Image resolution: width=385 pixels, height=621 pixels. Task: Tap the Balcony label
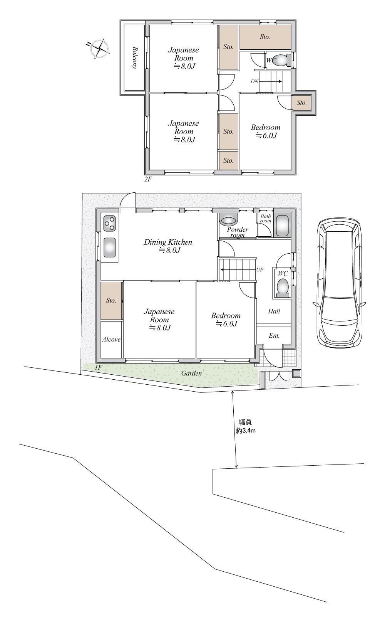click(135, 57)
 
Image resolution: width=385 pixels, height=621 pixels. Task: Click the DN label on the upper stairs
click(254, 81)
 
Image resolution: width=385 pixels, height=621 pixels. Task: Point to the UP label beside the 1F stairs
click(259, 269)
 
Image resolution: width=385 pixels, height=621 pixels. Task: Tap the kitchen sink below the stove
click(110, 247)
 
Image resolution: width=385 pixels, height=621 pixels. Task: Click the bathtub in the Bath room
click(282, 226)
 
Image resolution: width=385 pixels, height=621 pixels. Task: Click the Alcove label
click(111, 339)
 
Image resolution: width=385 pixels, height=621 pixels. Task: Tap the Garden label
click(191, 373)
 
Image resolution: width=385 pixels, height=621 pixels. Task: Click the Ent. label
click(274, 335)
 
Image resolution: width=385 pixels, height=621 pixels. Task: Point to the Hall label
click(274, 311)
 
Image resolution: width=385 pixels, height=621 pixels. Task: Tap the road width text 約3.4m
click(245, 431)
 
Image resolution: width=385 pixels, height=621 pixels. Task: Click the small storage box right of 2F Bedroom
click(301, 103)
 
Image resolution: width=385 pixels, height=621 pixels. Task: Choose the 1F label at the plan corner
click(98, 368)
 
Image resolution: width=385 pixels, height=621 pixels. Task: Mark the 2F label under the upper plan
click(148, 179)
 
